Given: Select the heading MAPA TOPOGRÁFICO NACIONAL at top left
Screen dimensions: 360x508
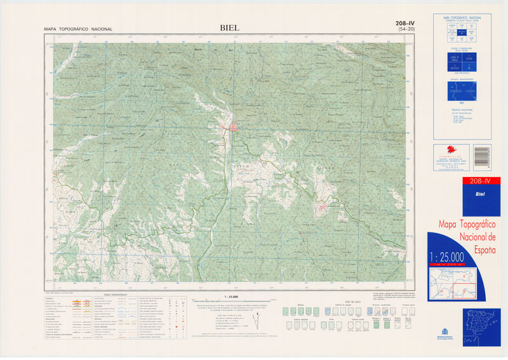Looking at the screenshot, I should point(78,29).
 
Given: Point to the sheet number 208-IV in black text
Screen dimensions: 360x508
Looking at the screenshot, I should point(406,23).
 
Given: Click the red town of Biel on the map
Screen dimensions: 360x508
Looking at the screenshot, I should point(232,128).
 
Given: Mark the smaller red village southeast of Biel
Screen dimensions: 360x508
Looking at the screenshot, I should point(322,207).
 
